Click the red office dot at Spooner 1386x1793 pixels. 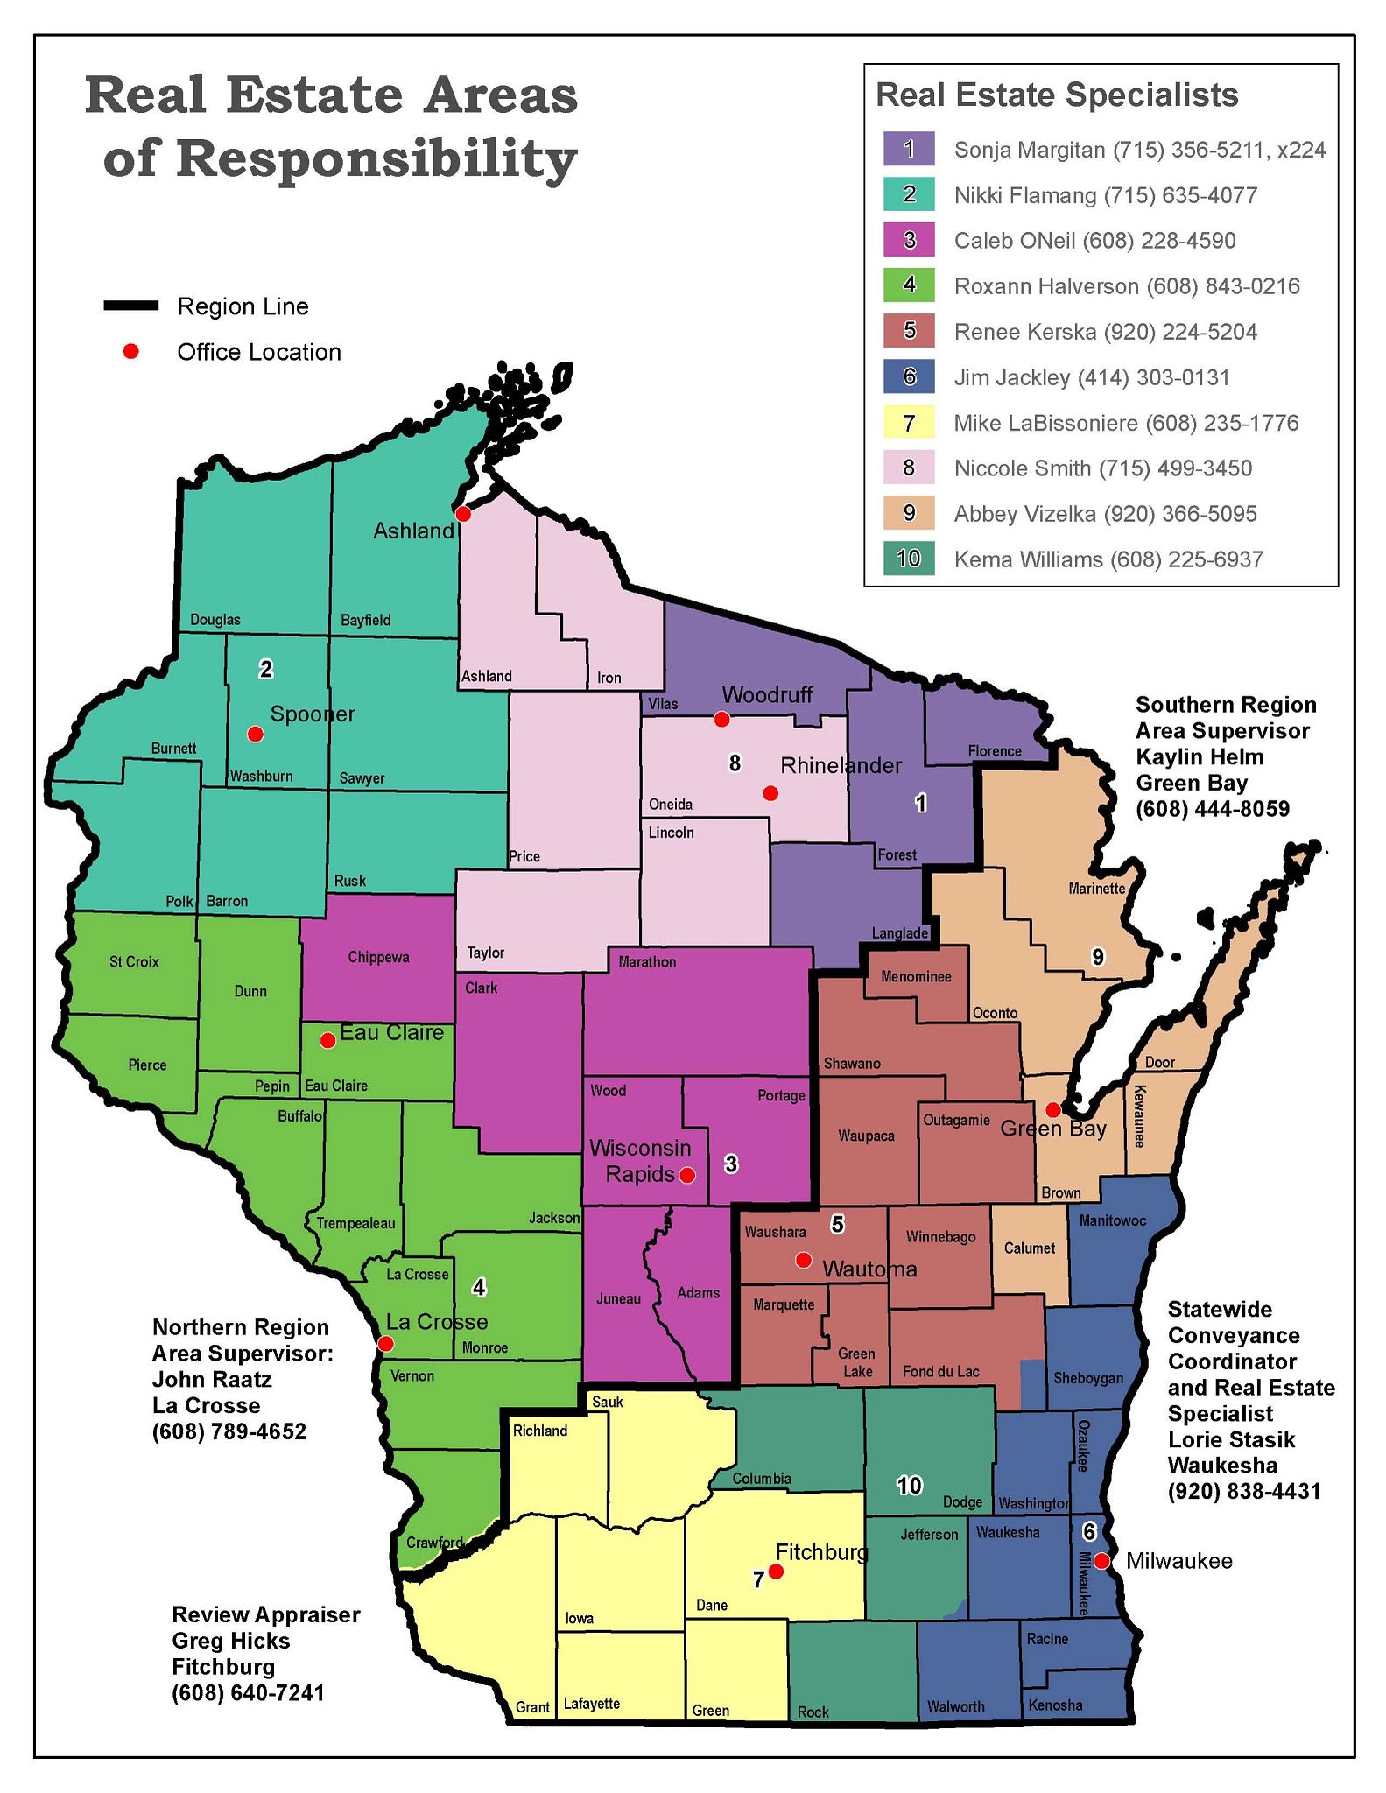(x=255, y=734)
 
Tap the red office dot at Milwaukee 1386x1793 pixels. (x=1102, y=1561)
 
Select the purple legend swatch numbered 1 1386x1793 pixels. (x=909, y=149)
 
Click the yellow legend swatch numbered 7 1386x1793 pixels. (x=909, y=423)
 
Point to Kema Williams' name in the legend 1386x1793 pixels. (x=1028, y=559)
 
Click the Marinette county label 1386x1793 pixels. (x=1096, y=889)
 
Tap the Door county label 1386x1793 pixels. (x=1159, y=1063)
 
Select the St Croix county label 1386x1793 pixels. (x=134, y=961)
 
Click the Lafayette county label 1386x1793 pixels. (x=591, y=1704)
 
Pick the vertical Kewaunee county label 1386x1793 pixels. (x=1139, y=1116)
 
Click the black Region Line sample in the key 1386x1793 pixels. (x=131, y=306)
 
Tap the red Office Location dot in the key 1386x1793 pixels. (x=131, y=352)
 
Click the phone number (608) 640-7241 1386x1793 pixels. (x=248, y=1693)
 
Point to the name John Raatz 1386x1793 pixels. (x=212, y=1380)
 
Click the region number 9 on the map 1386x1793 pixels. (x=1098, y=958)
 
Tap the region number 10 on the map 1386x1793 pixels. (x=909, y=1485)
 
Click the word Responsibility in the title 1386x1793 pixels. (x=340, y=158)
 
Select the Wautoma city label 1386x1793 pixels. (x=869, y=1269)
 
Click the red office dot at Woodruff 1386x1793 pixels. (x=721, y=720)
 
